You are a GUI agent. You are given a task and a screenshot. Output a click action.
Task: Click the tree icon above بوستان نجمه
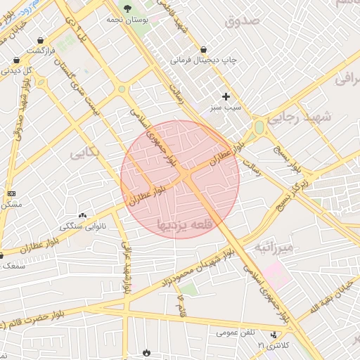(x=127, y=8)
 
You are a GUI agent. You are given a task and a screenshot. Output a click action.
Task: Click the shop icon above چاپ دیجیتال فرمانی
(x=203, y=49)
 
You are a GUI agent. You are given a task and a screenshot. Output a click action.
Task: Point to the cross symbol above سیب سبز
(x=226, y=96)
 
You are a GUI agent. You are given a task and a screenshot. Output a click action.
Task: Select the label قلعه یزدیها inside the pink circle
(x=179, y=225)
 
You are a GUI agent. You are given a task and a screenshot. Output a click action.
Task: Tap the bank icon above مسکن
(x=11, y=193)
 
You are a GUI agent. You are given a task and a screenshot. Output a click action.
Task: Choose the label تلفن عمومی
(x=236, y=332)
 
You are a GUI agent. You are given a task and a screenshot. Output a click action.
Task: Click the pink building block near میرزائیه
(x=277, y=274)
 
